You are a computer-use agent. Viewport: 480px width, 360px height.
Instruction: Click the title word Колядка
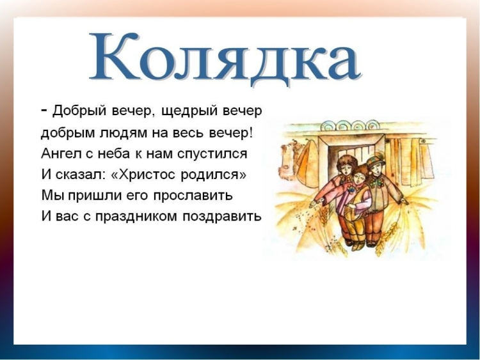pos(224,58)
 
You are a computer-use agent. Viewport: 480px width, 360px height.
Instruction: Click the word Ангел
pos(59,154)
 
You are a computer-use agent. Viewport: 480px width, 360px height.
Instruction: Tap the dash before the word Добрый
pos(44,110)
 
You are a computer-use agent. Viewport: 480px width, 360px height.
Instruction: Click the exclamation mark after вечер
pos(252,132)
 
